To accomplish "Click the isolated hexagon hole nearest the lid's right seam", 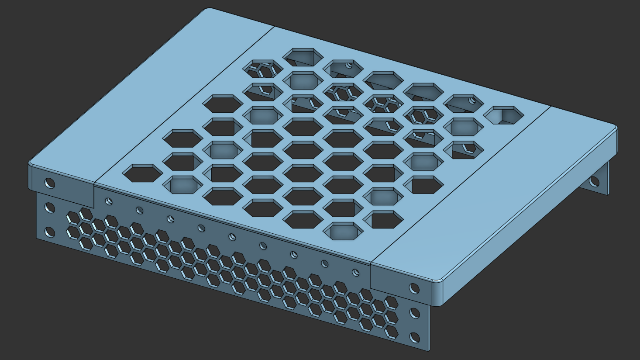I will tap(503, 115).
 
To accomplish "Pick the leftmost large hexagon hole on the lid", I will tap(141, 173).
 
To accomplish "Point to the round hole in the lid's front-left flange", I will tap(49, 183).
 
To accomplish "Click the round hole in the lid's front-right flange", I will tap(414, 288).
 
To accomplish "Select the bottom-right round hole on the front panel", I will tap(415, 338).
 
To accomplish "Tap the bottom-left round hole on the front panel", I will tap(49, 232).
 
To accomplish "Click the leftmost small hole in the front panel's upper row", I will tap(109, 201).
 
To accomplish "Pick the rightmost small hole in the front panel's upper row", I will tap(356, 273).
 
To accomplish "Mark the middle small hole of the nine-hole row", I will tap(232, 237).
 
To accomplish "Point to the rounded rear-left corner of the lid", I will tap(209, 9).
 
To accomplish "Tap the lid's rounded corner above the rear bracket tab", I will tap(615, 127).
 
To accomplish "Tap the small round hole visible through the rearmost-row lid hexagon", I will tap(348, 66).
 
